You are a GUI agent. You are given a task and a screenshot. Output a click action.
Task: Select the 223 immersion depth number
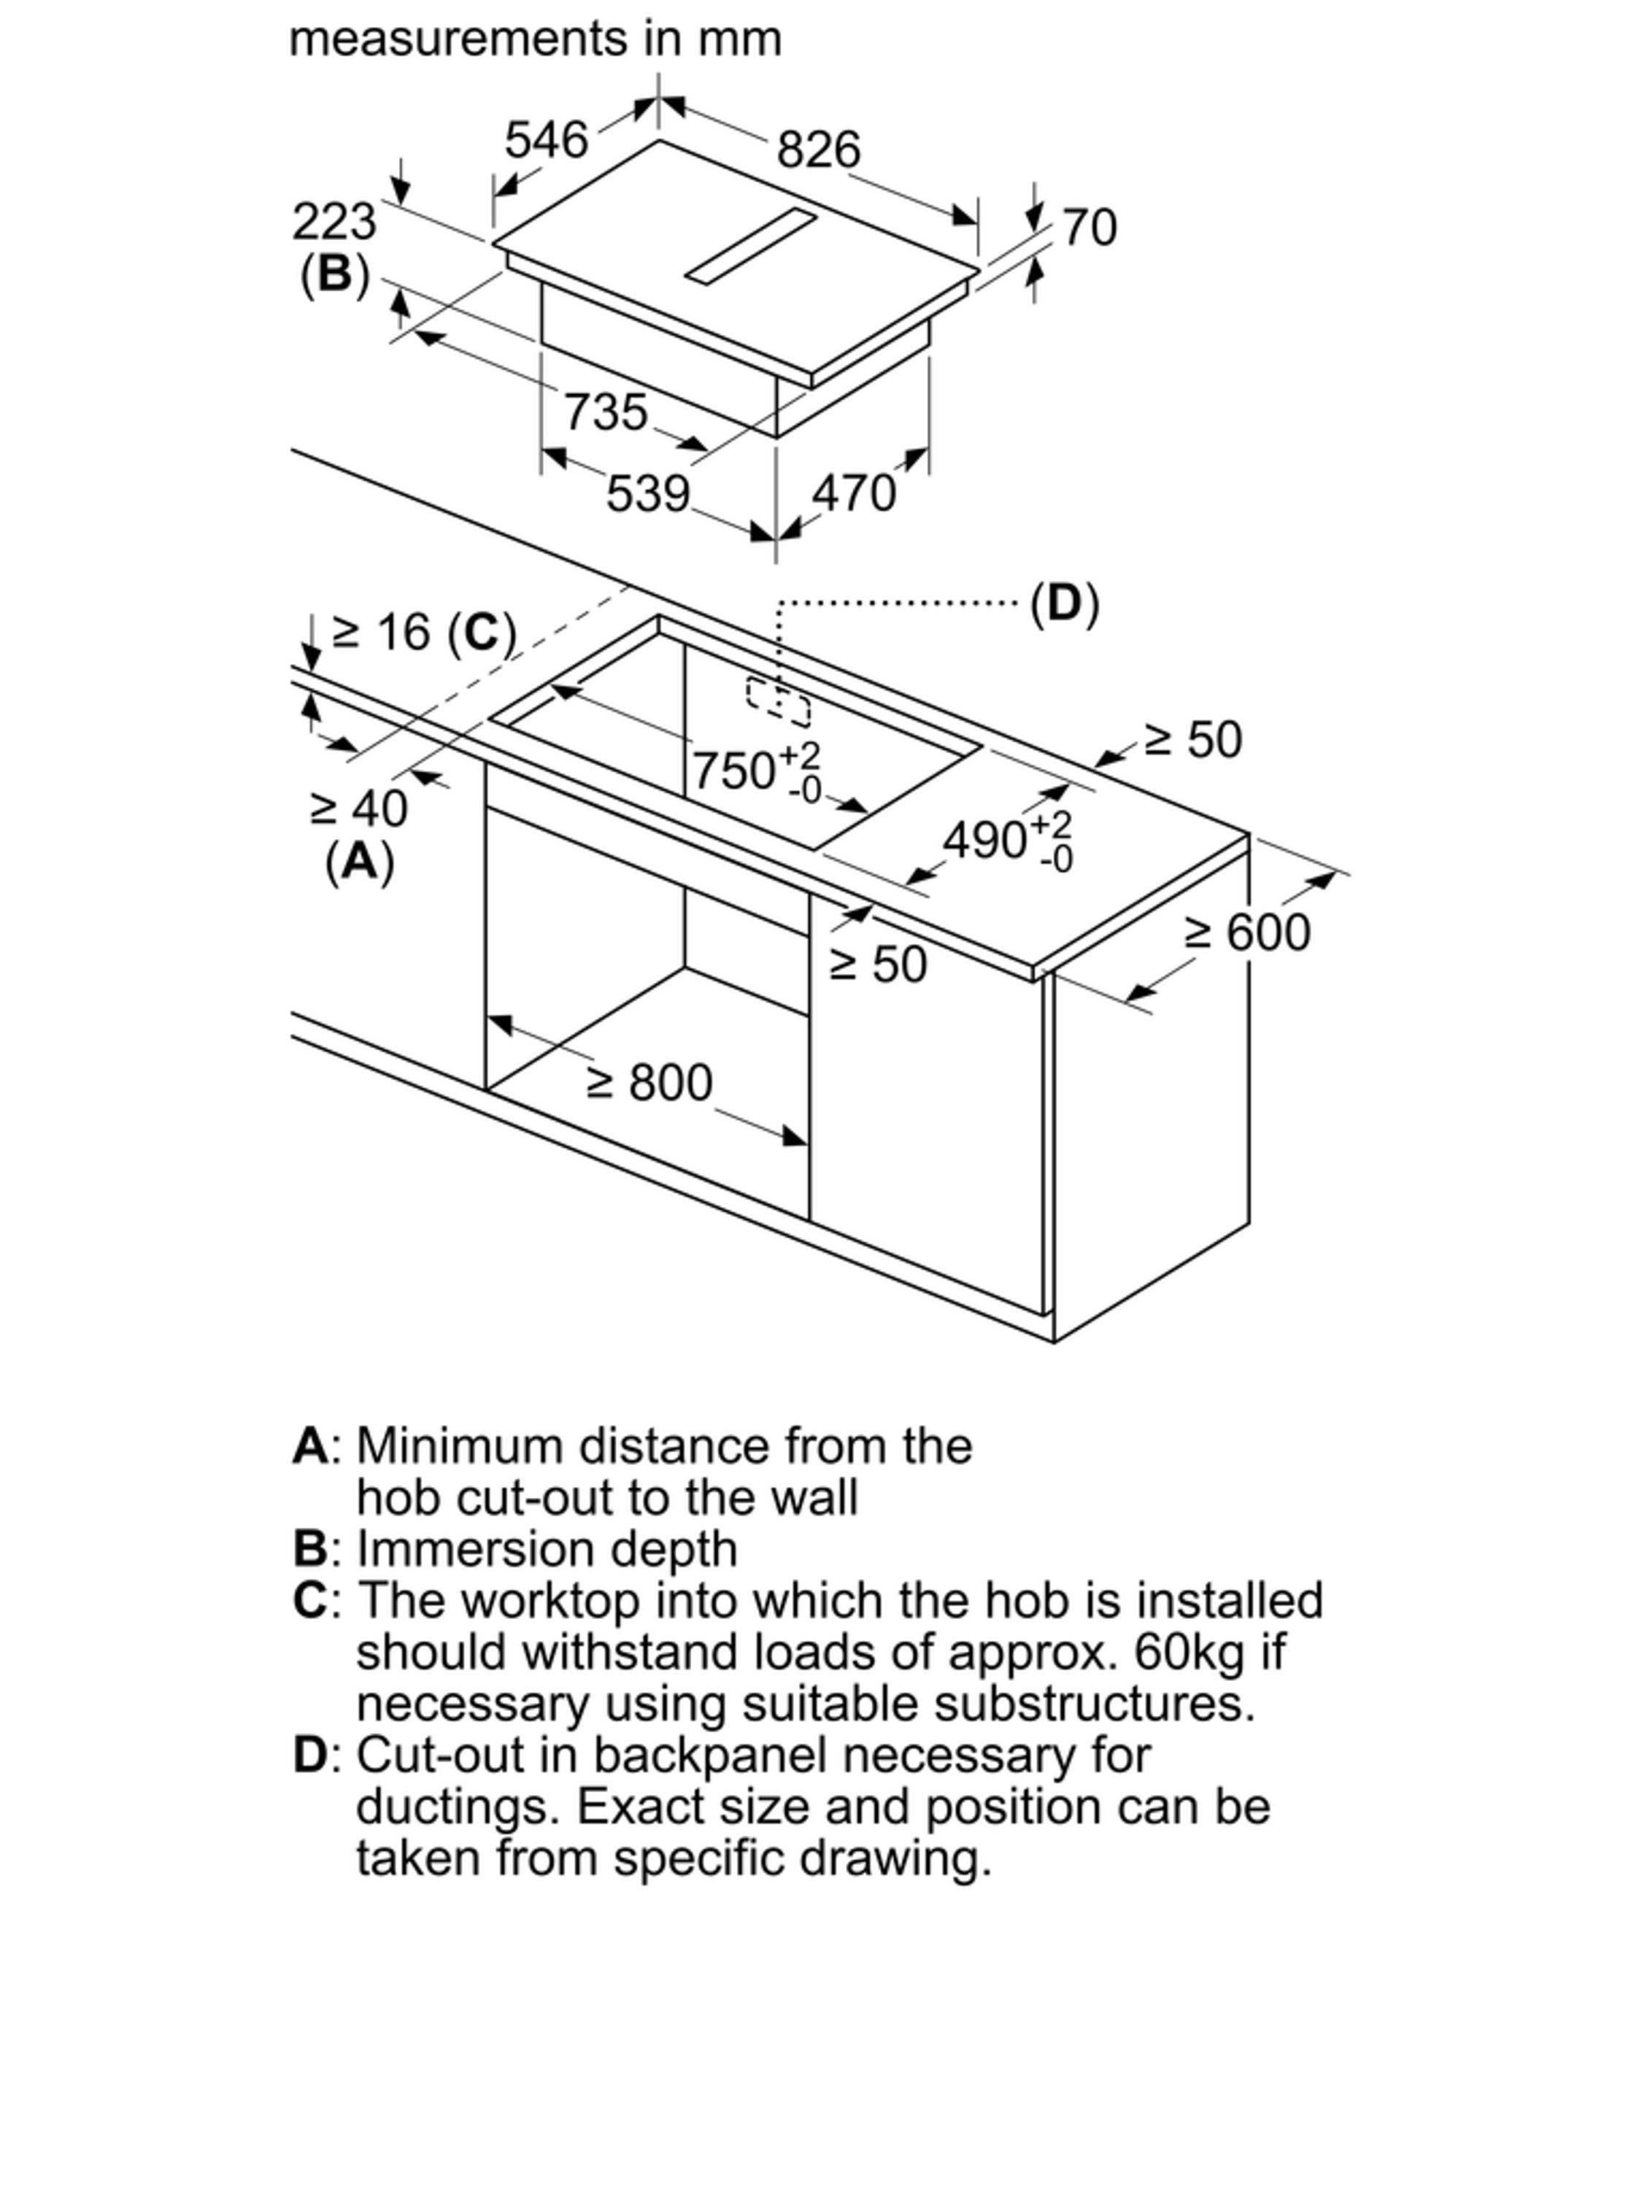tap(334, 222)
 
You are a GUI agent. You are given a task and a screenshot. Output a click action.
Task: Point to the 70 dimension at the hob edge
tap(1090, 227)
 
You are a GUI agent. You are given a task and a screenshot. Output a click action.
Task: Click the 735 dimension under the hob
tap(606, 412)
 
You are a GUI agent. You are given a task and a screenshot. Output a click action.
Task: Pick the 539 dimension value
tap(647, 494)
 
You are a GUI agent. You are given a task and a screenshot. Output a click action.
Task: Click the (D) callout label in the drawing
tap(1064, 603)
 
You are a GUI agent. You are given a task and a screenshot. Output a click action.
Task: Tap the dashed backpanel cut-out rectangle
tap(778, 703)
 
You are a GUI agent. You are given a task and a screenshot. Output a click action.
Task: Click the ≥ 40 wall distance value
tap(358, 808)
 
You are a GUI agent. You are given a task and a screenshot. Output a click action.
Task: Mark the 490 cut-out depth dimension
tap(1008, 842)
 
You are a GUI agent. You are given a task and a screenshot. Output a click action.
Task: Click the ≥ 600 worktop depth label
tap(1248, 933)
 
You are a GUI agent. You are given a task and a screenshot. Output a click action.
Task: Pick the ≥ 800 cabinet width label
tap(650, 1083)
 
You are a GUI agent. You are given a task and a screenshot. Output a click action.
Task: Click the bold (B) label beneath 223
tap(334, 274)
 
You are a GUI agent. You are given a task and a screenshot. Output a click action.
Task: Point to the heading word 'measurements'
tap(458, 39)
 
